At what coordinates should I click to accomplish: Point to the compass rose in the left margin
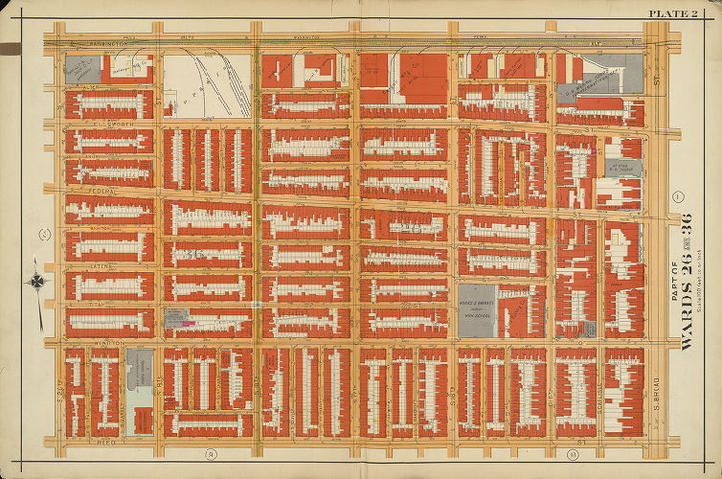tap(36, 283)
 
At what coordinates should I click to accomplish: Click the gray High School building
tap(476, 309)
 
